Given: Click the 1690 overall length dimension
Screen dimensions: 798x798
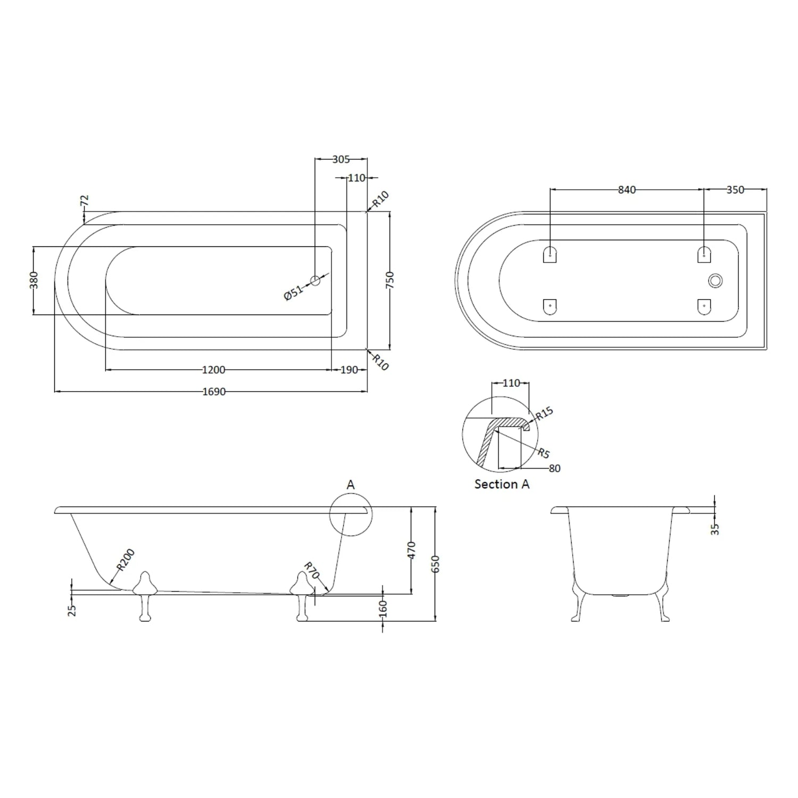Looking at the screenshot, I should click(214, 392).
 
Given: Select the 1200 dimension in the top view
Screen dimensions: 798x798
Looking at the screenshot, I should click(214, 370).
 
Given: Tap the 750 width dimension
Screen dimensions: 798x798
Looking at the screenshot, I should click(389, 280).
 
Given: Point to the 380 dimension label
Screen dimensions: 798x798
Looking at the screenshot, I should click(34, 280).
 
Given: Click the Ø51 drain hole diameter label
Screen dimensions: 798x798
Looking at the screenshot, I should click(293, 292).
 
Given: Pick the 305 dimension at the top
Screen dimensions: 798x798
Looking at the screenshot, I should click(340, 159).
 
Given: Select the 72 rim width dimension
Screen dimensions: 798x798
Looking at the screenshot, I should click(84, 201).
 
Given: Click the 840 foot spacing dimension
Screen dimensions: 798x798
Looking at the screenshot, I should click(627, 189).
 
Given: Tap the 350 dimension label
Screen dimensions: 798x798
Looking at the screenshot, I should click(735, 189).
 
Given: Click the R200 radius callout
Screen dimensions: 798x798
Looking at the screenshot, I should click(126, 560).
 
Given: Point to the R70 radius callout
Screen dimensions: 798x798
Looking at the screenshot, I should click(311, 570).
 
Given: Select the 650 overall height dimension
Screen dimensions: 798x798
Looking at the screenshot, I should click(435, 564).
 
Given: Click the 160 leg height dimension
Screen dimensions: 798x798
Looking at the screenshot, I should click(383, 608).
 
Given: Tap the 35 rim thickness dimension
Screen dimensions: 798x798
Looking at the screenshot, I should click(714, 528).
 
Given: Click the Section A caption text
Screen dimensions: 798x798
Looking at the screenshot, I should click(502, 484).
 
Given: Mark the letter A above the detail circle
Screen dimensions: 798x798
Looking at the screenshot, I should click(350, 485).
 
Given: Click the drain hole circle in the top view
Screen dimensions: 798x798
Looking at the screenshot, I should click(315, 280).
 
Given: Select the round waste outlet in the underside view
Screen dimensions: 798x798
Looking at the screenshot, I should click(715, 280).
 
